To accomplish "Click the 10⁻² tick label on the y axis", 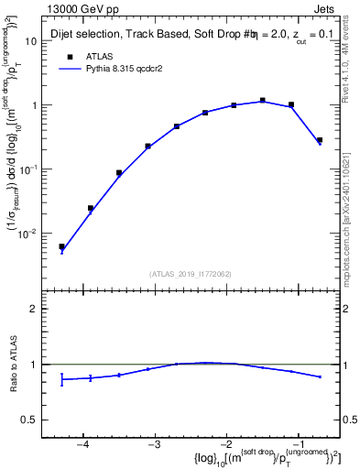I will (27, 234).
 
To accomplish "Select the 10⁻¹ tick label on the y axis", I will (27, 169).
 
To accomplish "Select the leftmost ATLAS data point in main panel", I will (61, 246).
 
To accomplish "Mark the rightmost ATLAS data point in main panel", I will (319, 140).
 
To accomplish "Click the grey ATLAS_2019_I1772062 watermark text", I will (192, 273).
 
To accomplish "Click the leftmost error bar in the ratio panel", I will (61, 378).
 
